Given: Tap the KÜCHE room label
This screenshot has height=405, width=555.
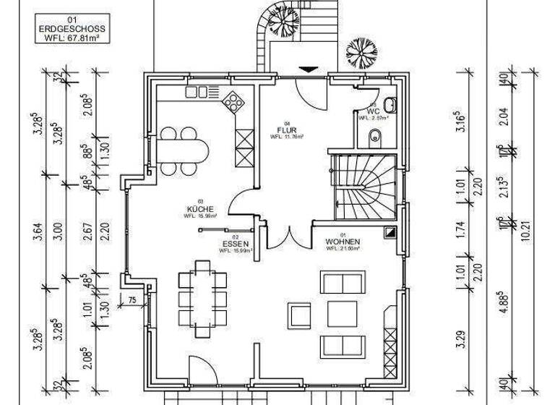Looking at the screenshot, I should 195,208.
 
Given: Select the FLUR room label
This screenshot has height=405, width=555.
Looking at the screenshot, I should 287,129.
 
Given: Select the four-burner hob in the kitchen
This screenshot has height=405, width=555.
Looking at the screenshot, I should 234,102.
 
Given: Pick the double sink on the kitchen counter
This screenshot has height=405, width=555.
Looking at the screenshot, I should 197,92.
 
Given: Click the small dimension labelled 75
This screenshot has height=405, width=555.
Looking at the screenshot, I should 132,300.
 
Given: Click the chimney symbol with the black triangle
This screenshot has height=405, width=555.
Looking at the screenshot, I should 390,232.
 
